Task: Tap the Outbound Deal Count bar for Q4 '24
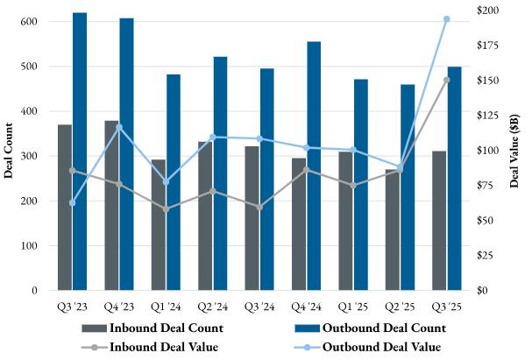click(313, 166)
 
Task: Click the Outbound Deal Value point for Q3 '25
click(446, 18)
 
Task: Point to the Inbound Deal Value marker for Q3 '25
click(446, 80)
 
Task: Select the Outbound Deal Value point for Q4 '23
click(119, 127)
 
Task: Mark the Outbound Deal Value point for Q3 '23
click(72, 202)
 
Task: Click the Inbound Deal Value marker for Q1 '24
click(166, 208)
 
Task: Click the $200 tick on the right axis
click(489, 10)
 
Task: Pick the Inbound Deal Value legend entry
click(165, 346)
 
